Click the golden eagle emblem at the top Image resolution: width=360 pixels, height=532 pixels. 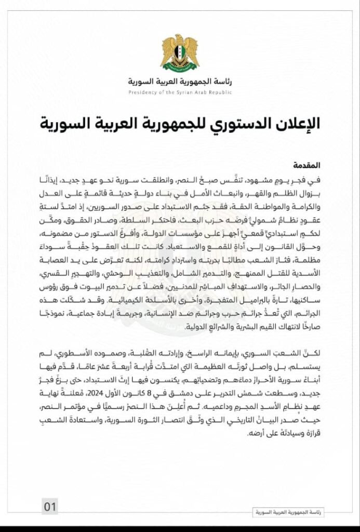(x=179, y=52)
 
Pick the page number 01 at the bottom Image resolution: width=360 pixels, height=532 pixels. (x=50, y=506)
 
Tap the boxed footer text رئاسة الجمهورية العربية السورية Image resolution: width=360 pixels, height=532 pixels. (x=287, y=512)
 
